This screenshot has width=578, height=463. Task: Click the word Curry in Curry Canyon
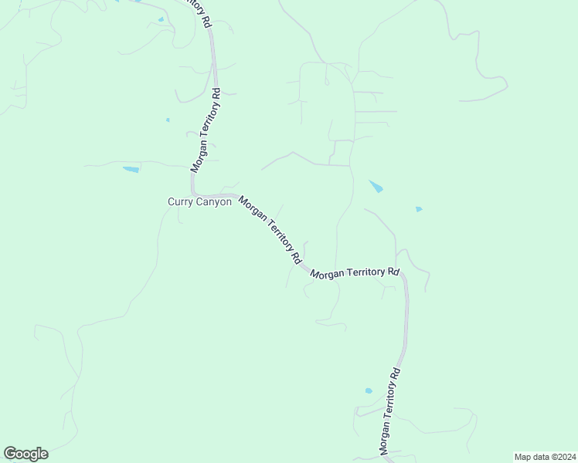(x=180, y=202)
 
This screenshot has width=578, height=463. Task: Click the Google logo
(x=25, y=454)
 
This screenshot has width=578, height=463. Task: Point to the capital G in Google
(x=10, y=454)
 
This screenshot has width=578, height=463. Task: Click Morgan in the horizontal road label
(x=327, y=275)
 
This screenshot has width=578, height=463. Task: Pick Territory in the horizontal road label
(x=366, y=272)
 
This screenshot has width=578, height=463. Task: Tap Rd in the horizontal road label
(x=394, y=272)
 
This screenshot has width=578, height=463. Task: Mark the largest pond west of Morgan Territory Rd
(x=131, y=169)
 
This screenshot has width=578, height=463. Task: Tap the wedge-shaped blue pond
(x=376, y=187)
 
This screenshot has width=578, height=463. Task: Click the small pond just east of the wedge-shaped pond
(x=419, y=209)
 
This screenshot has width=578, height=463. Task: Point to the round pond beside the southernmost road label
(x=369, y=391)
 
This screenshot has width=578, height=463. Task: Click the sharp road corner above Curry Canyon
(x=194, y=192)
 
